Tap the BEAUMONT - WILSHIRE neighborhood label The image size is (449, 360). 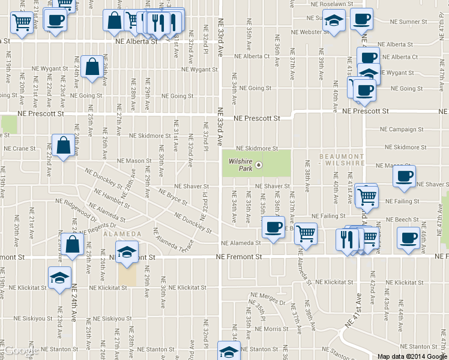[x=342, y=159]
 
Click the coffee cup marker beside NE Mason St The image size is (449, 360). [x=404, y=176]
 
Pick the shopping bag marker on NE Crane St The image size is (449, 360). [x=63, y=146]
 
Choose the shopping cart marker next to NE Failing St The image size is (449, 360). [x=366, y=195]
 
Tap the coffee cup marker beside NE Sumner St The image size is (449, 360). [x=361, y=19]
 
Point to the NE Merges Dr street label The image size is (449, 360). [x=268, y=304]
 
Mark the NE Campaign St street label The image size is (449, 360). [x=402, y=130]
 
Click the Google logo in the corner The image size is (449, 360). [x=20, y=351]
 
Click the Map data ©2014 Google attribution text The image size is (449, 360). [x=412, y=356]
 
